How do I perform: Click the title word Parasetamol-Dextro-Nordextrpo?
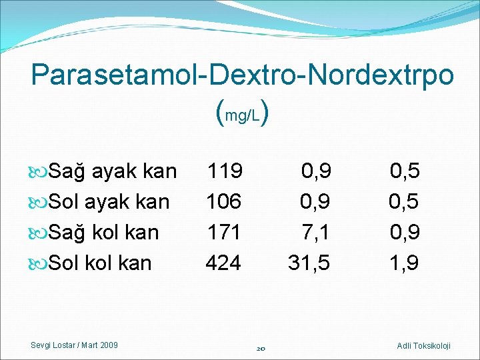(243, 75)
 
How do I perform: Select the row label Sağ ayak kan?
(113, 171)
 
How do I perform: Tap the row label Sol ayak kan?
(109, 202)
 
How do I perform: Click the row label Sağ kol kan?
(104, 233)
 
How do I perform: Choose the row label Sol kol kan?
(101, 263)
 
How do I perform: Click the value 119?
(224, 171)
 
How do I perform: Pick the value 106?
(224, 202)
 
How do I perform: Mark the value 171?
(224, 233)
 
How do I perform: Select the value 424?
(224, 263)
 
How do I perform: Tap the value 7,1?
(315, 233)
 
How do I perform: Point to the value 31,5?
(309, 263)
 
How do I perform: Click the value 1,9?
(404, 263)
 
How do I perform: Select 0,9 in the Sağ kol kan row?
(404, 233)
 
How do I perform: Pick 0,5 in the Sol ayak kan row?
(404, 202)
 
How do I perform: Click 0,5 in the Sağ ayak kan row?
(404, 171)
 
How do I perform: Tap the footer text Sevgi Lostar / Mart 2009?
(75, 345)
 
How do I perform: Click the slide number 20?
(261, 347)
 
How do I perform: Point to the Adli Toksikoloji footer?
(423, 345)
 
